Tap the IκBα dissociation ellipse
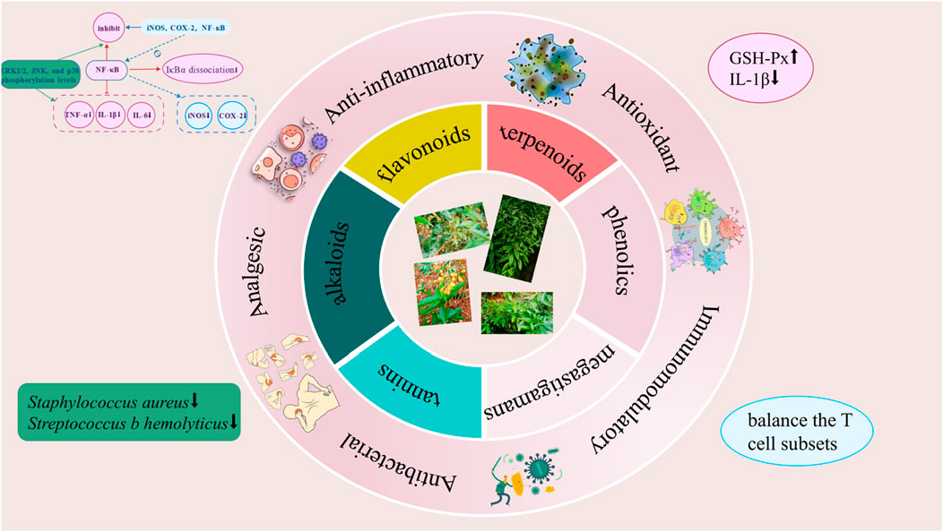click(x=199, y=68)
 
